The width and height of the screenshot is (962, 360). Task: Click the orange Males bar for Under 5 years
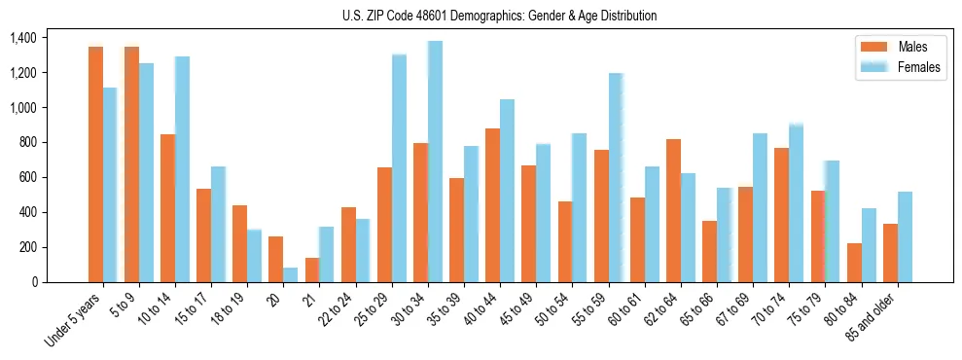[95, 164]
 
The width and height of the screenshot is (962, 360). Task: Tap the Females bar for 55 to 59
[616, 178]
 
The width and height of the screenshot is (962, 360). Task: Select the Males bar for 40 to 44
[493, 205]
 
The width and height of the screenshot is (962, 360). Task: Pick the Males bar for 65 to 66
[709, 251]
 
